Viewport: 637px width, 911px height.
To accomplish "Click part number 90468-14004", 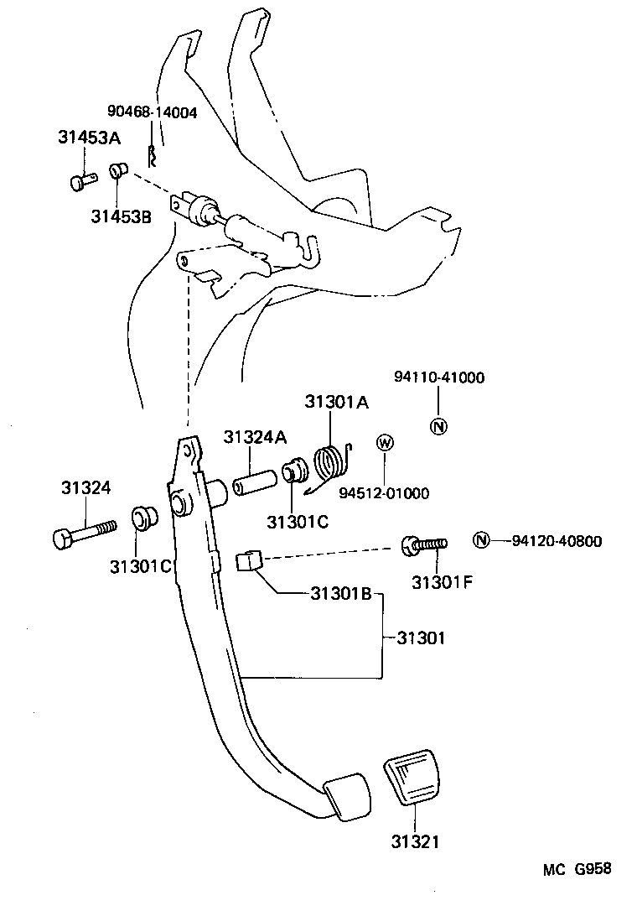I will pyautogui.click(x=152, y=112).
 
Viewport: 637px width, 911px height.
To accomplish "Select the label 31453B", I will pyautogui.click(x=122, y=217).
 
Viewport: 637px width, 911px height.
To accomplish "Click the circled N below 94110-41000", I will pyautogui.click(x=438, y=425).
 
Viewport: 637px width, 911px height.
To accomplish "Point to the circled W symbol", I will pyautogui.click(x=385, y=443).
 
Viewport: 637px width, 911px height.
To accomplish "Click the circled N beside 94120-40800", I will pyautogui.click(x=481, y=540).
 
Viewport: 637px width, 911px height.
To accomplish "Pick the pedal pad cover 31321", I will pyautogui.click(x=414, y=780).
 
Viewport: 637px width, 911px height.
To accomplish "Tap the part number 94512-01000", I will pyautogui.click(x=384, y=493).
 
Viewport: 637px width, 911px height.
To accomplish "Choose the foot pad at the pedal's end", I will pyautogui.click(x=348, y=795).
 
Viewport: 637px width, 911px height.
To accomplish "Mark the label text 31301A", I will pyautogui.click(x=336, y=402).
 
